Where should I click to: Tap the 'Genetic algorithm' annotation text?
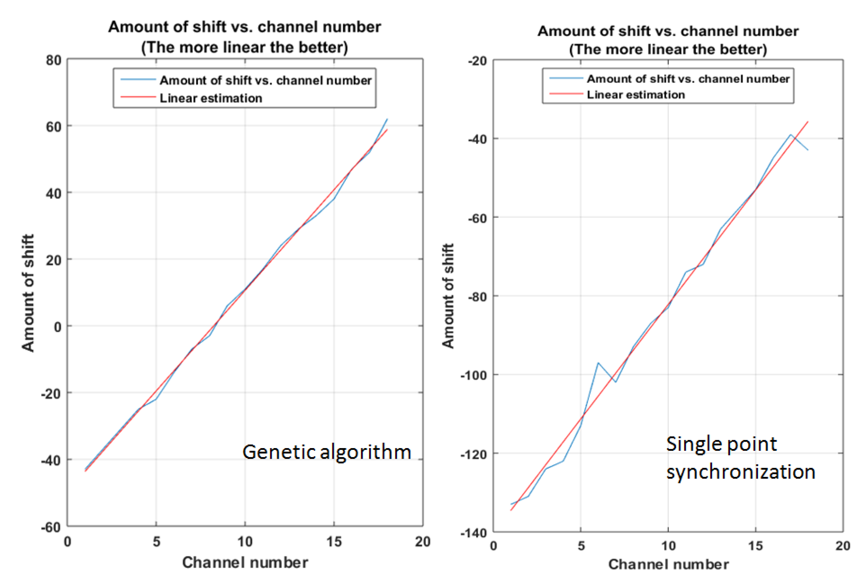tap(326, 452)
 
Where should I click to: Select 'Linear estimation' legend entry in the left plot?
tap(210, 98)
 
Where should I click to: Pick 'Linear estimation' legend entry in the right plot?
tap(635, 95)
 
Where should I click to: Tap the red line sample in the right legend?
tap(566, 94)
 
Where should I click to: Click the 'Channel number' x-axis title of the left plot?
tap(245, 563)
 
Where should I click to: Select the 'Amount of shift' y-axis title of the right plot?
tap(448, 296)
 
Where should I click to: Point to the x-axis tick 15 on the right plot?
tap(755, 546)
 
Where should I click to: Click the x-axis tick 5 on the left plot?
tap(156, 542)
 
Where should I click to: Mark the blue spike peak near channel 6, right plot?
tap(598, 363)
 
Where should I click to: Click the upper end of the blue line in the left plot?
tap(387, 119)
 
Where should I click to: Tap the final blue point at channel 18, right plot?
tap(808, 150)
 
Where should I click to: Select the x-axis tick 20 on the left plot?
tap(422, 542)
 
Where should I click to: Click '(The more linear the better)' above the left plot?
tap(245, 47)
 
